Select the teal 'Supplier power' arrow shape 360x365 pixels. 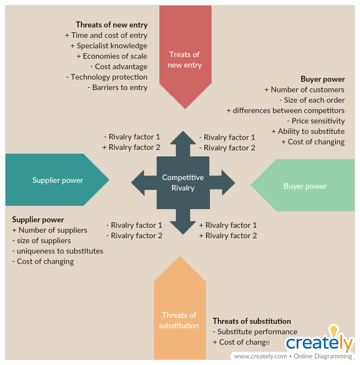point(55,180)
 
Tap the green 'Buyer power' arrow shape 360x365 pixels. point(305,186)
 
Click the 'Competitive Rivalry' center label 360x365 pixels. point(182,183)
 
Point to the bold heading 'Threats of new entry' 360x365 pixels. point(112,25)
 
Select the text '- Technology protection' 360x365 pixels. point(107,77)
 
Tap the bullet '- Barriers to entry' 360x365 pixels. point(117,87)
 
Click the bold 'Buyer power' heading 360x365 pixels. point(323,79)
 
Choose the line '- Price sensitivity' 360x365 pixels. point(315,121)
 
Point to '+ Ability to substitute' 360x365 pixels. point(308,131)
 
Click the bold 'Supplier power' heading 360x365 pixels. point(38,220)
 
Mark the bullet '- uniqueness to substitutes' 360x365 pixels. point(58,251)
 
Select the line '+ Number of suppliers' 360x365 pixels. point(49,230)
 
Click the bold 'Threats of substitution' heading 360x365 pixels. point(252,321)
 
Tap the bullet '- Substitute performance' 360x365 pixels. point(255,332)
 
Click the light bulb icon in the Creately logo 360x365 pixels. point(334,330)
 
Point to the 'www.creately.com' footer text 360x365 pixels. point(260,356)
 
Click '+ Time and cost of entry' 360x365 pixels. point(106,35)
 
